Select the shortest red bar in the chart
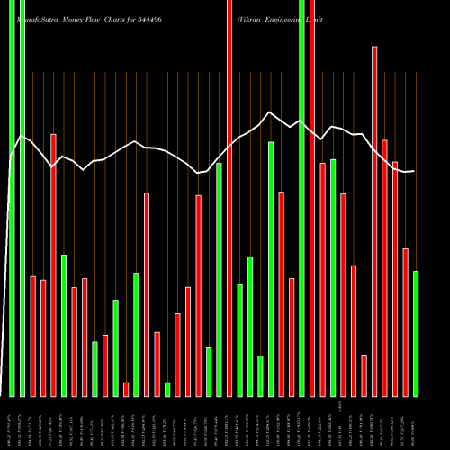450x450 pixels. (126, 389)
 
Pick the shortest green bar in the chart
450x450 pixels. (167, 389)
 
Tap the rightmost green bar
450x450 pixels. (415, 333)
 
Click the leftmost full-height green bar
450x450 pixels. (12, 198)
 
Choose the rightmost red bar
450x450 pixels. (405, 321)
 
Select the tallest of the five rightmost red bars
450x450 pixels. (374, 220)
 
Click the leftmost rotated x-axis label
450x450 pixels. (10, 423)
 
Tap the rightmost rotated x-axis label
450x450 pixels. (415, 423)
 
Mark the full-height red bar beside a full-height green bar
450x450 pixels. (312, 198)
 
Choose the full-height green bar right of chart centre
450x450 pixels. (301, 198)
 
